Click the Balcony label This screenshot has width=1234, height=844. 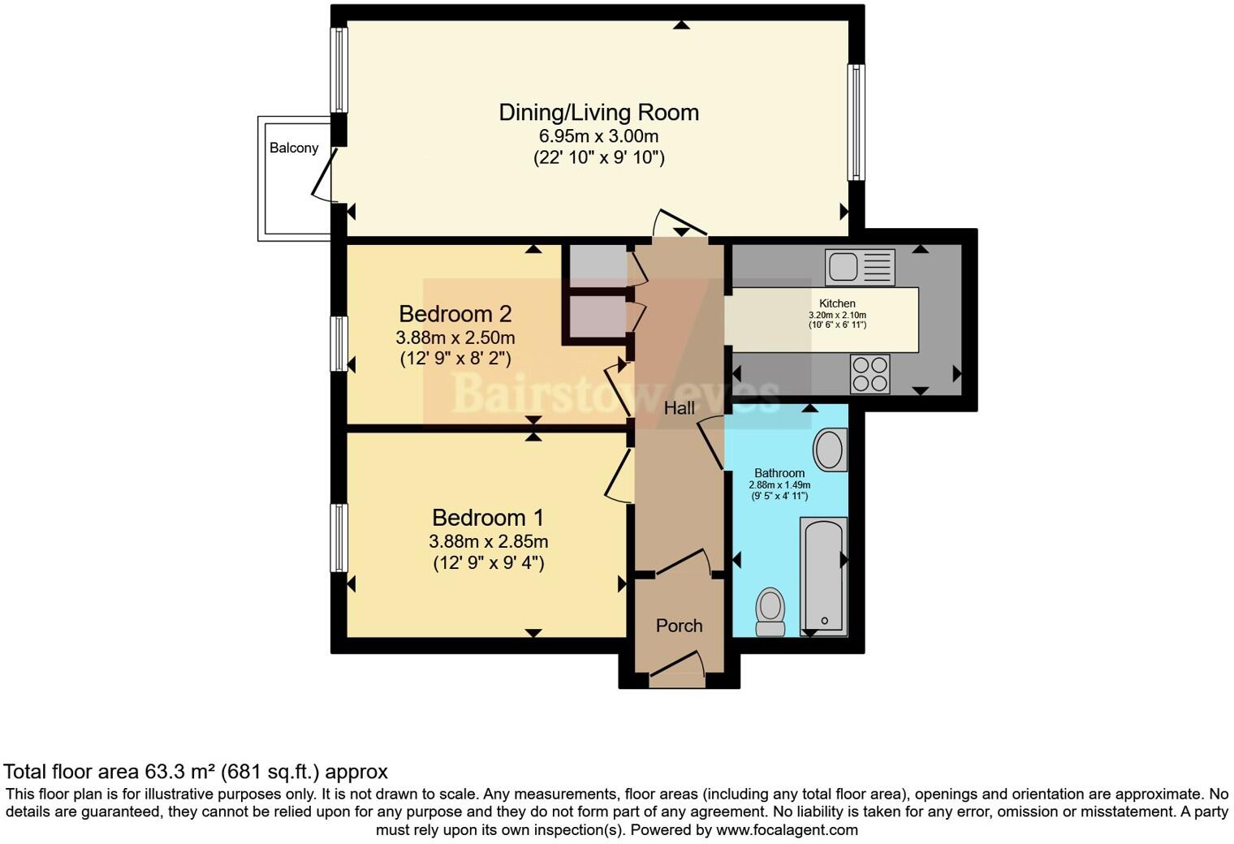pyautogui.click(x=294, y=148)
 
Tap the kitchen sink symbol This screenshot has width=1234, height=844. pyautogui.click(x=860, y=267)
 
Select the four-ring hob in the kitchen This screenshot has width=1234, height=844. pyautogui.click(x=869, y=374)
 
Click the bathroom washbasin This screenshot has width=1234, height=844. pyautogui.click(x=829, y=450)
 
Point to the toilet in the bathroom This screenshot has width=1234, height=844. pyautogui.click(x=770, y=611)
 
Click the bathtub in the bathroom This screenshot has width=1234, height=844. pyautogui.click(x=823, y=576)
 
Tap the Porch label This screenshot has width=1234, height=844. pyautogui.click(x=679, y=626)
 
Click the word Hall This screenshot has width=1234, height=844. pyautogui.click(x=680, y=408)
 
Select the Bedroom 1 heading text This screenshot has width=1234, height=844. pyautogui.click(x=488, y=518)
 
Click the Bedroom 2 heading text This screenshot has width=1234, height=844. pyautogui.click(x=455, y=313)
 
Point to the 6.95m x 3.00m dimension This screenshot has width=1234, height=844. pyautogui.click(x=598, y=136)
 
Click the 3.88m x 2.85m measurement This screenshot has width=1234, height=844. pyautogui.click(x=488, y=541)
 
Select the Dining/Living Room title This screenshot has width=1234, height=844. pyautogui.click(x=598, y=112)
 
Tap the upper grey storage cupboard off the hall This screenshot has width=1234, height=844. pyautogui.click(x=597, y=262)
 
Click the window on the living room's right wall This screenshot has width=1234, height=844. pyautogui.click(x=856, y=122)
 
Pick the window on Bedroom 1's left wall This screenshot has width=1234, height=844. pyautogui.click(x=339, y=537)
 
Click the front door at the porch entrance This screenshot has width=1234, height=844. pyautogui.click(x=678, y=664)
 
